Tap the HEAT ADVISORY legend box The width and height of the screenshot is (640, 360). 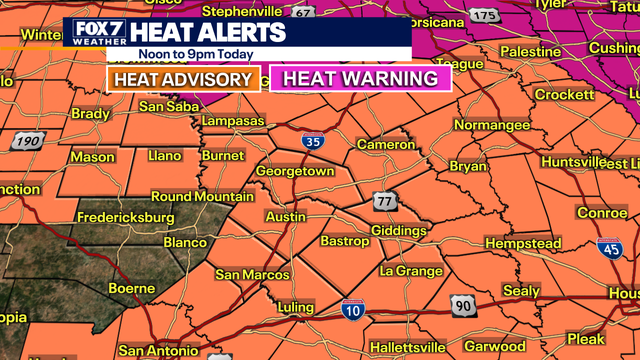(182, 79)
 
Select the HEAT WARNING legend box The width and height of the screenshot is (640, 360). (360, 79)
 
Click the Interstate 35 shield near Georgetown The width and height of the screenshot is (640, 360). (313, 141)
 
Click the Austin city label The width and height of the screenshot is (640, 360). (284, 217)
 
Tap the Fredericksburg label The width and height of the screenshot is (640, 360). (127, 217)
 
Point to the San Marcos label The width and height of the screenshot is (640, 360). (252, 275)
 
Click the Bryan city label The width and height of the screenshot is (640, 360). (467, 165)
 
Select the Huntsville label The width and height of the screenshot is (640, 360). (573, 162)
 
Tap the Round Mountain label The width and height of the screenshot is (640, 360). (201, 196)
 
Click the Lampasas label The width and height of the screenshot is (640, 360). (231, 121)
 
